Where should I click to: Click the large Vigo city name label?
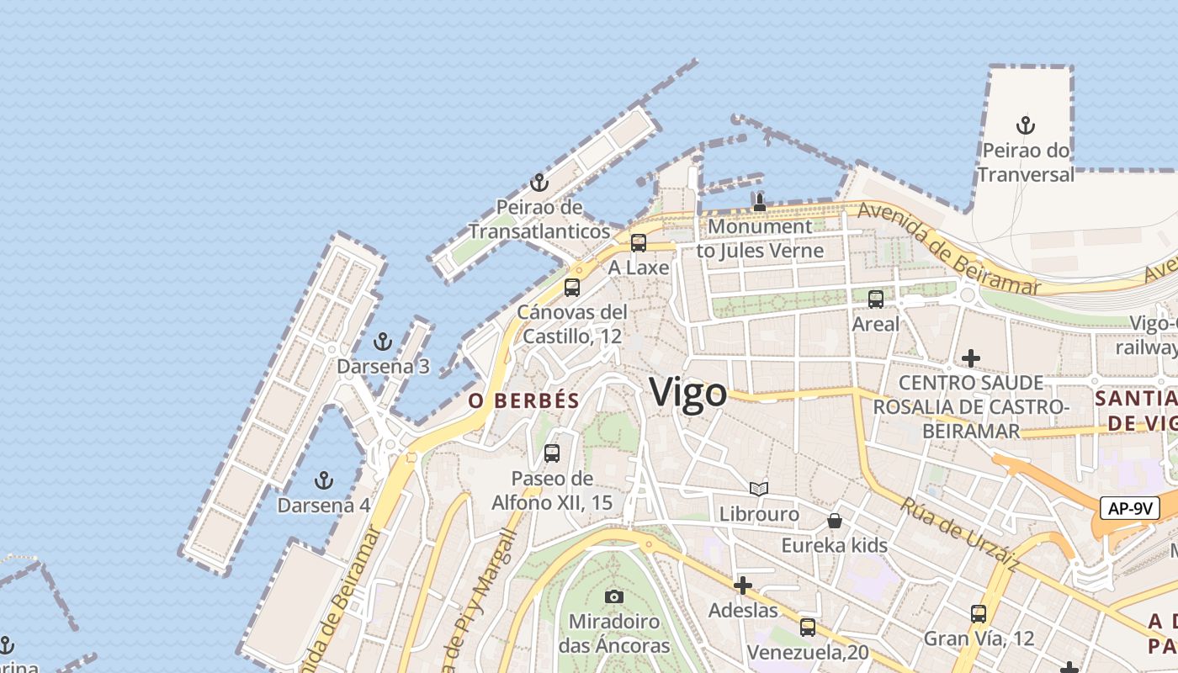tap(688, 393)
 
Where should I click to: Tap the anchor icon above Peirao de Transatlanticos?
tap(539, 183)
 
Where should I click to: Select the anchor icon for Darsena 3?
tap(383, 342)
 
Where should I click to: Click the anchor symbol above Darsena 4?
tap(324, 480)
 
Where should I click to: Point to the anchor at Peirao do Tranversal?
tap(1025, 125)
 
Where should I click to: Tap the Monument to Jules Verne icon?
tap(760, 202)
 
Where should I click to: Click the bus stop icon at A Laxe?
tap(639, 243)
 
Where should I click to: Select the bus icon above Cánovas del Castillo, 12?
tap(572, 287)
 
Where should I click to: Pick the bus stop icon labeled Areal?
tap(876, 299)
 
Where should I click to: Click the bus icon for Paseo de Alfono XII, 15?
tap(552, 453)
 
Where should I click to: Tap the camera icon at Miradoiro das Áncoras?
tap(614, 596)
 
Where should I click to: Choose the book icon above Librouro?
tap(759, 489)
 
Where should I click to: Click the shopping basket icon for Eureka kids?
tap(835, 521)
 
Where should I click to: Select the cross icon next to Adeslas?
tap(743, 586)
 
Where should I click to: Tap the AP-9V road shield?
tap(1129, 508)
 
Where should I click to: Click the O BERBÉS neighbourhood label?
tap(524, 401)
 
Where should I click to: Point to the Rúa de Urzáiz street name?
tap(959, 535)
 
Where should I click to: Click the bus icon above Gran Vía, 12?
tap(978, 613)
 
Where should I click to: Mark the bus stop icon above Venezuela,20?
tap(808, 627)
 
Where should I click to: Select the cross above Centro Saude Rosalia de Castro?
tap(971, 358)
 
